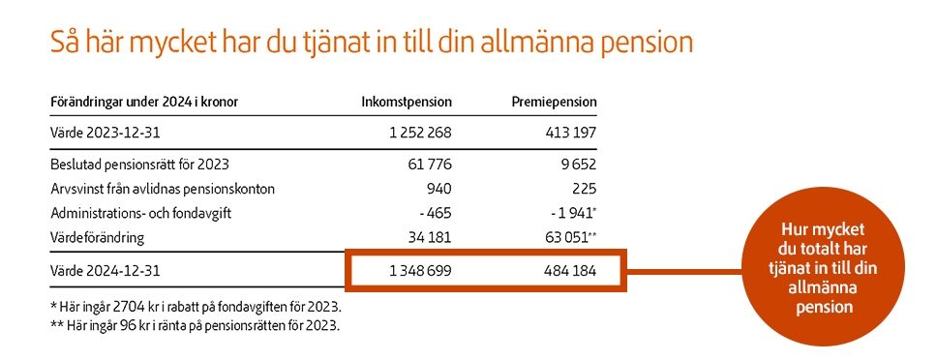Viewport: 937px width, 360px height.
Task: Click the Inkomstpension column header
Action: pos(407,102)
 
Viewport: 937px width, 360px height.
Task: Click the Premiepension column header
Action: pos(554,102)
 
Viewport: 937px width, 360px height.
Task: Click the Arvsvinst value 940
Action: pos(438,189)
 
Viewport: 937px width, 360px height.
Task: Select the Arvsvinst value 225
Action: pos(584,189)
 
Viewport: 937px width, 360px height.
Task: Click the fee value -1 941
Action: pos(569,213)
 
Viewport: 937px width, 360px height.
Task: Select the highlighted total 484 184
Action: pos(565,272)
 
